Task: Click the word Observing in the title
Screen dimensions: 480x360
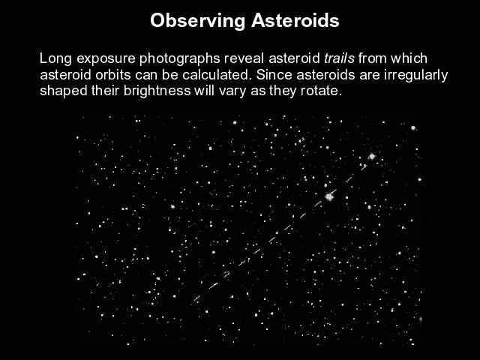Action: tap(197, 21)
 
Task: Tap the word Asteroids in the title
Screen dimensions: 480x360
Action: tap(295, 20)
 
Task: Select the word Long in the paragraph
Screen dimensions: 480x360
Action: tap(55, 58)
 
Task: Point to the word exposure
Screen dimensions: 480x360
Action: tap(106, 59)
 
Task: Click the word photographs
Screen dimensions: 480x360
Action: tap(180, 58)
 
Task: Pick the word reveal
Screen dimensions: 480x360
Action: tap(244, 58)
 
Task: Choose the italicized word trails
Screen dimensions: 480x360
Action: tap(339, 58)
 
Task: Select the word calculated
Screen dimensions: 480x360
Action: tap(217, 75)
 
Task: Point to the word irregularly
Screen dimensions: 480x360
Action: tap(416, 75)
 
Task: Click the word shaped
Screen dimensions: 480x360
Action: tap(64, 91)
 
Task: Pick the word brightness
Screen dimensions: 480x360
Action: tap(157, 91)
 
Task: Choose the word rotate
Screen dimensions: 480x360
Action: tap(321, 91)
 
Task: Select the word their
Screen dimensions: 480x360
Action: tap(105, 91)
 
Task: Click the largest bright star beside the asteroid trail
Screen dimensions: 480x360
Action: tap(329, 196)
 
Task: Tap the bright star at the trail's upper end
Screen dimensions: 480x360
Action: tap(372, 157)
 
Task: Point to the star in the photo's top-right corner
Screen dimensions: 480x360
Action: tap(413, 128)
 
